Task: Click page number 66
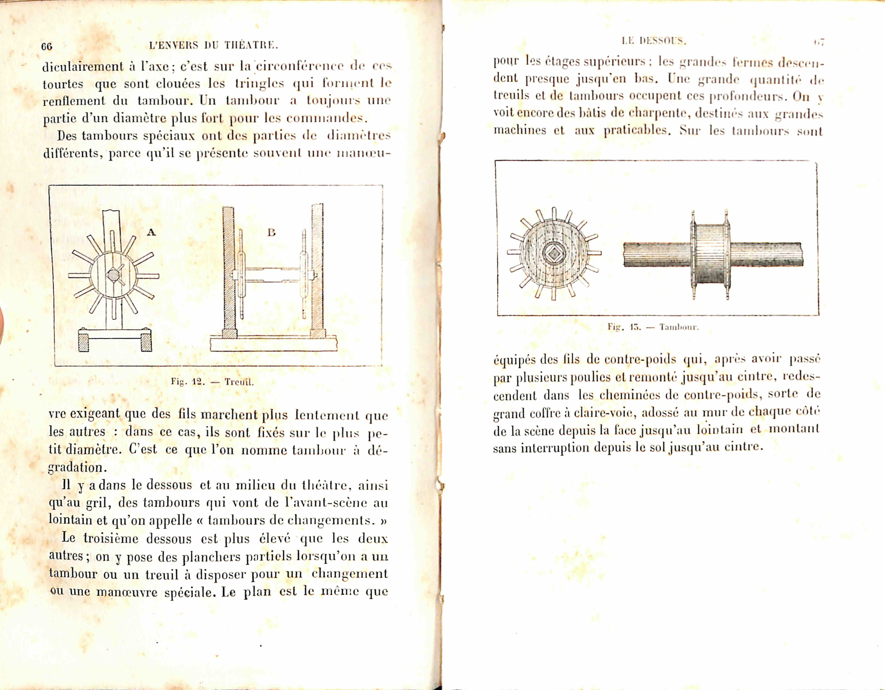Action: pos(47,46)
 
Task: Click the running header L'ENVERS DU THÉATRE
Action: pos(214,45)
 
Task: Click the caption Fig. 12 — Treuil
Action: pos(212,382)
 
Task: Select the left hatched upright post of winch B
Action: pos(229,270)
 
